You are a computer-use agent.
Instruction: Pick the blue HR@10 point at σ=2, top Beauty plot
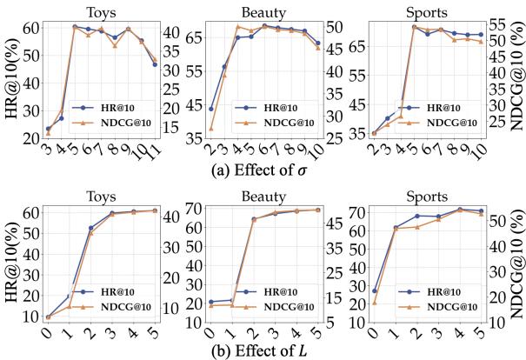coord(211,110)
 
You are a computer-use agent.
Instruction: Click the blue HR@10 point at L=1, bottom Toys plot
coord(69,297)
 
